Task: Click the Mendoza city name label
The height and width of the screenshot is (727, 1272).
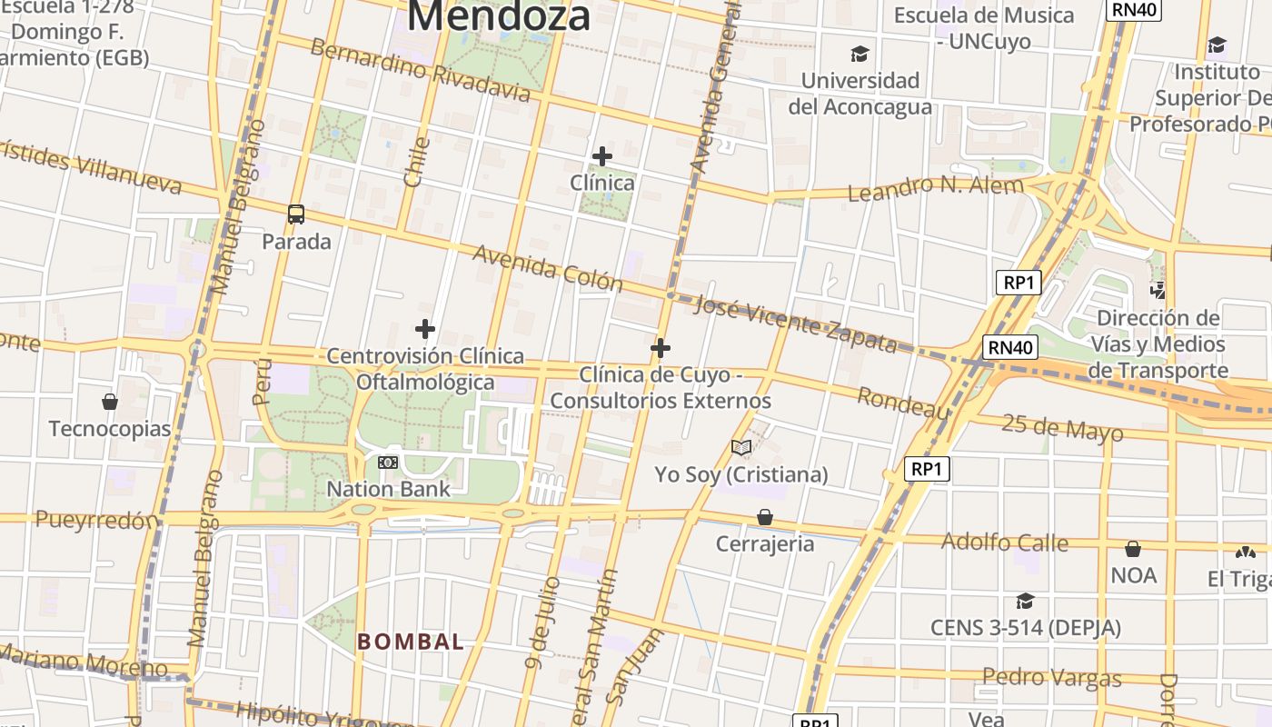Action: click(x=499, y=16)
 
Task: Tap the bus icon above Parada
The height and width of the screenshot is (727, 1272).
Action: click(x=296, y=214)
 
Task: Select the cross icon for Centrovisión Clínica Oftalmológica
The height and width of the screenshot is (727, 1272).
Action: click(x=424, y=328)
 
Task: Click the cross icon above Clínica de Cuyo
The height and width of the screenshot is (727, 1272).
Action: click(x=661, y=348)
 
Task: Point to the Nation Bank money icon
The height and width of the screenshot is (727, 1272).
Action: click(x=388, y=463)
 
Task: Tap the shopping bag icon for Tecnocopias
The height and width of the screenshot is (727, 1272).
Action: click(x=110, y=402)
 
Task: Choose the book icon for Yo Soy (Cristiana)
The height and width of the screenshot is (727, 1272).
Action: click(x=741, y=447)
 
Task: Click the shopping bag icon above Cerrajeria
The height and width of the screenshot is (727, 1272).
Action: click(x=765, y=517)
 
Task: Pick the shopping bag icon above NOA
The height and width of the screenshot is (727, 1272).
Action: click(x=1133, y=549)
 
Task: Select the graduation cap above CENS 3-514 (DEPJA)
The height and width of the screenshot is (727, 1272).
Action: click(x=1025, y=601)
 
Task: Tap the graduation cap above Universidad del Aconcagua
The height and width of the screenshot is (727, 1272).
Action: click(x=860, y=54)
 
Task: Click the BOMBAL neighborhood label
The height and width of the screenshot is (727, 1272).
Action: click(x=411, y=642)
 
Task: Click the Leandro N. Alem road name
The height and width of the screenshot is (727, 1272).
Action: click(x=935, y=189)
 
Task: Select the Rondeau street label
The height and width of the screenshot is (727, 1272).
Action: click(x=903, y=403)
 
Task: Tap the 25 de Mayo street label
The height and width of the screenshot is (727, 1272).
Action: click(x=1062, y=427)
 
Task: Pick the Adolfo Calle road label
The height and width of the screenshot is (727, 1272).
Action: click(x=1004, y=543)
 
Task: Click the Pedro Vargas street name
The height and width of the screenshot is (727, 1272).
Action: click(x=1051, y=678)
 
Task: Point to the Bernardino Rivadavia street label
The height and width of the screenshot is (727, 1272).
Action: click(x=420, y=70)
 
